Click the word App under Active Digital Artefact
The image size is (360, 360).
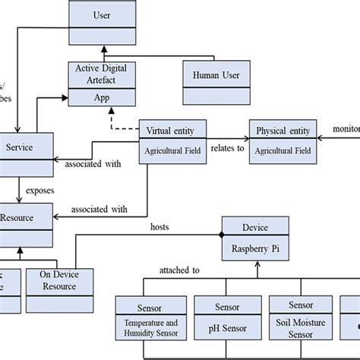(101, 96)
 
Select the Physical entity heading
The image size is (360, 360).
(282, 130)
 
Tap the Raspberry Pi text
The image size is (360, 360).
(256, 248)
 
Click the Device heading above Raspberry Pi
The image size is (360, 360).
(256, 226)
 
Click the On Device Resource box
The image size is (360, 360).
(62, 281)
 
